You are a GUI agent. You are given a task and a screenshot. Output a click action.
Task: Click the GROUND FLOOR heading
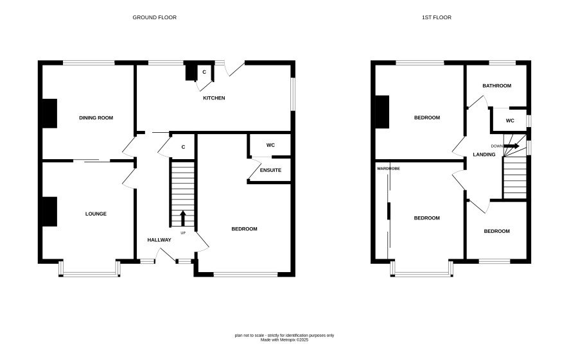pyautogui.click(x=155, y=17)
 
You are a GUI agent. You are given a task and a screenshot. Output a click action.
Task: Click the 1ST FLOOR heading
pyautogui.click(x=437, y=17)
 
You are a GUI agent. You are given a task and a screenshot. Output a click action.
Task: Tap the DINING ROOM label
pyautogui.click(x=96, y=118)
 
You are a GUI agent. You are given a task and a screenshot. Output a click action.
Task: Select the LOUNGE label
pyautogui.click(x=96, y=214)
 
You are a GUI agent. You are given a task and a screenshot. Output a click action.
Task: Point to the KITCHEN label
pyautogui.click(x=214, y=98)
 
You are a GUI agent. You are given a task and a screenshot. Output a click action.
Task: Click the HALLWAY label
pyautogui.click(x=159, y=240)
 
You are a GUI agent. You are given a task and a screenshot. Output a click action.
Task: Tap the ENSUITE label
pyautogui.click(x=271, y=170)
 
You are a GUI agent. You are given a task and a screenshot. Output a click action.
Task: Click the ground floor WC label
pyautogui.click(x=271, y=145)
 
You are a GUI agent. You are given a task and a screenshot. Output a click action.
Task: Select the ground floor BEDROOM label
pyautogui.click(x=244, y=228)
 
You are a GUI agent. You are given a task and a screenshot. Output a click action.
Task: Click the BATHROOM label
pyautogui.click(x=497, y=85)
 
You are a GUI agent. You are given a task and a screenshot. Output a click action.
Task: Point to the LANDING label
pyautogui.click(x=484, y=155)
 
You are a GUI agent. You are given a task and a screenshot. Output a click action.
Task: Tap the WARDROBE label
pyautogui.click(x=389, y=169)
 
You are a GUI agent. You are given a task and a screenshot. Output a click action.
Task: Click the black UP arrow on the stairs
pyautogui.click(x=183, y=218)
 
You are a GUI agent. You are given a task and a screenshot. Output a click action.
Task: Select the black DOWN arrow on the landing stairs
pyautogui.click(x=512, y=146)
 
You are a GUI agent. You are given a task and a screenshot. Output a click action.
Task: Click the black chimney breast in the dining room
pyautogui.click(x=50, y=114)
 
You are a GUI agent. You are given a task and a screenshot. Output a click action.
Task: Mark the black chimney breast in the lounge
pyautogui.click(x=50, y=212)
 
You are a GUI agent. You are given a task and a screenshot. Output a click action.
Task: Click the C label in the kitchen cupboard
pyautogui.click(x=204, y=72)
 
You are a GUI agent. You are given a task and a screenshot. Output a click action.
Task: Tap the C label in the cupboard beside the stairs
pyautogui.click(x=183, y=147)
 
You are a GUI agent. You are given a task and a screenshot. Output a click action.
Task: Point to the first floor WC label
pyautogui.click(x=510, y=121)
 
